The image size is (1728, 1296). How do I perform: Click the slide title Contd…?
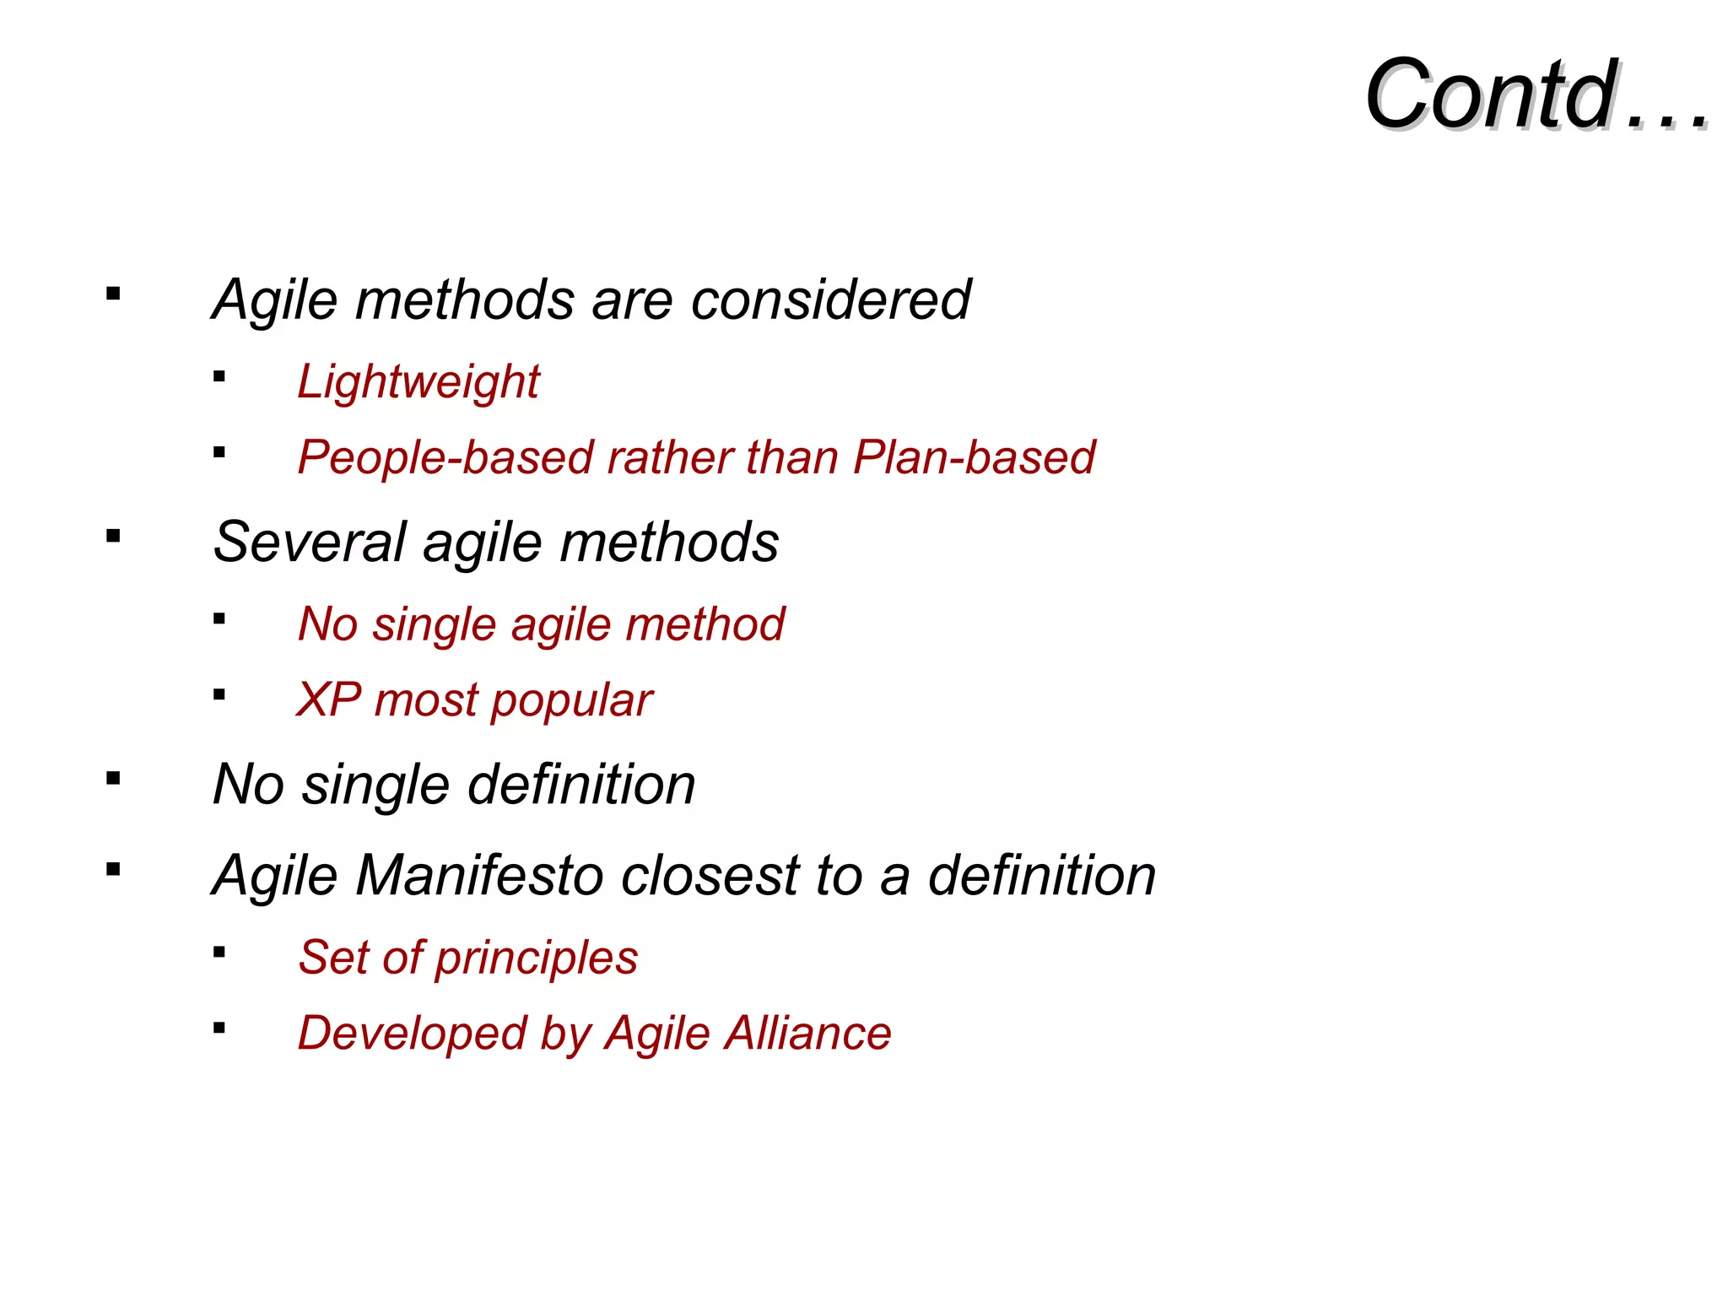(1536, 94)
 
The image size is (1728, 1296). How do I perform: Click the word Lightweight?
(418, 382)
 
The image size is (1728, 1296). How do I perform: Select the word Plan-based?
(974, 457)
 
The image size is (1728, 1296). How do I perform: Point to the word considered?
(830, 300)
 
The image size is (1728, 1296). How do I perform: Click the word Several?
(310, 542)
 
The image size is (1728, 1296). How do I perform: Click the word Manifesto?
(479, 875)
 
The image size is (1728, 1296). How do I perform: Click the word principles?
(537, 958)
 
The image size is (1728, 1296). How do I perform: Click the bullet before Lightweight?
(219, 377)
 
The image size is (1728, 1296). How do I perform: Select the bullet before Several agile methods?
(114, 536)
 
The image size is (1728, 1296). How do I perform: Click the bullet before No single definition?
(114, 778)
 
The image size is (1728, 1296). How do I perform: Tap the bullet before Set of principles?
(219, 953)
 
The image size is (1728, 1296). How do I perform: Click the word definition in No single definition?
(581, 785)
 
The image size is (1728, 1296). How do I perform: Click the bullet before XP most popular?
(219, 695)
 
